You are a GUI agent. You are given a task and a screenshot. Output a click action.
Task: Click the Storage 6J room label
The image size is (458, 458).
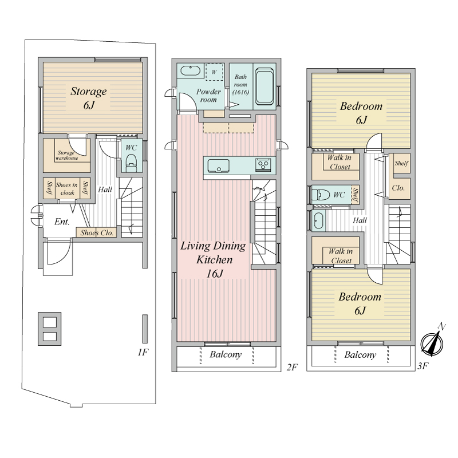(89, 98)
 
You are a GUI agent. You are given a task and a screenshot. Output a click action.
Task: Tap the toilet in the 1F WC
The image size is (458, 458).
(131, 164)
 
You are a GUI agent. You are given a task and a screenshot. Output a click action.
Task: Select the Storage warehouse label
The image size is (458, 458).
(67, 155)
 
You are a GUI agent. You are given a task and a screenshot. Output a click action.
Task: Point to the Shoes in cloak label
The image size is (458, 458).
(67, 189)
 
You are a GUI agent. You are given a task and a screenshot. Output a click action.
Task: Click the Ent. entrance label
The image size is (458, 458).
(62, 222)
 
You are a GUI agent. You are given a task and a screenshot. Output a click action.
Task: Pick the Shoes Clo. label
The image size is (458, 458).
(97, 233)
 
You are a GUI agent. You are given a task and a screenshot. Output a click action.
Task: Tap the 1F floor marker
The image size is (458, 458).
(143, 352)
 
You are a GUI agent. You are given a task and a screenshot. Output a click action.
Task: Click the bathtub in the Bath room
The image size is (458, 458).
(264, 87)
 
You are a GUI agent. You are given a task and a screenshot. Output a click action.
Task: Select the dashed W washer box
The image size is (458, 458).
(214, 72)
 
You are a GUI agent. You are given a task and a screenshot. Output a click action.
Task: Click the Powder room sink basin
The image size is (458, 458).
(191, 70)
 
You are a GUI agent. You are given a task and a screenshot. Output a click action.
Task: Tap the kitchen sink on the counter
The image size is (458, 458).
(219, 166)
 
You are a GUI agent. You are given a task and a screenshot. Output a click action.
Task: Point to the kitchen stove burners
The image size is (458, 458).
(263, 164)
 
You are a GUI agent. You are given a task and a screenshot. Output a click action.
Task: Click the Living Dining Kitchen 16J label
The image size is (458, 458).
(213, 259)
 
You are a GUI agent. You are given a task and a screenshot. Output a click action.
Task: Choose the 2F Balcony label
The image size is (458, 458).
(226, 354)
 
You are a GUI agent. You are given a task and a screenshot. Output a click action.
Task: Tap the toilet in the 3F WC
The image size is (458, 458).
(321, 195)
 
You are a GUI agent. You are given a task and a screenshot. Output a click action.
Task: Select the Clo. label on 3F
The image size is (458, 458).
(398, 188)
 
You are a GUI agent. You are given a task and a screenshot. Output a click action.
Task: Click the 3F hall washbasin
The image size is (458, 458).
(318, 220)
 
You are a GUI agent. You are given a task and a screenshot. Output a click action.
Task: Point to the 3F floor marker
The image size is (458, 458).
(423, 366)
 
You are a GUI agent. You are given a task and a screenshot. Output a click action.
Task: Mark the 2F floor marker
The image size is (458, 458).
(292, 367)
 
